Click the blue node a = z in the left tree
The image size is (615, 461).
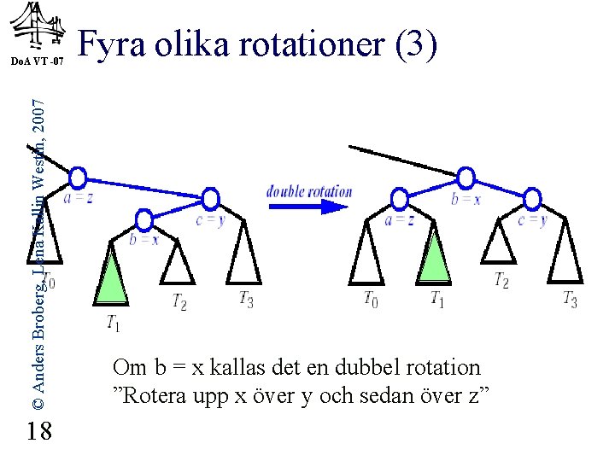[78, 178]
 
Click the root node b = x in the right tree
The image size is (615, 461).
[466, 178]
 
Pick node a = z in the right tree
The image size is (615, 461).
[398, 200]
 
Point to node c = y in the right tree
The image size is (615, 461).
[532, 200]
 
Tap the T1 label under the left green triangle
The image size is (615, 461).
[113, 323]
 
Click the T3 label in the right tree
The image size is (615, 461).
[570, 299]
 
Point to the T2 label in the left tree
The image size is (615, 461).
[179, 301]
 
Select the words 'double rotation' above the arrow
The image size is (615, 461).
[309, 191]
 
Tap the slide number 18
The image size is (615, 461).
[38, 432]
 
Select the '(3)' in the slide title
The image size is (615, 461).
[416, 44]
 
